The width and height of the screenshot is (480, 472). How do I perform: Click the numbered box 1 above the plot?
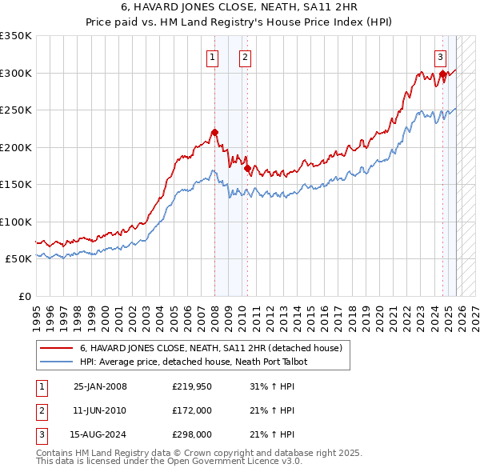tap(213, 57)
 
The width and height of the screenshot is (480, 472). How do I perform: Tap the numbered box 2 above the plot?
tap(244, 57)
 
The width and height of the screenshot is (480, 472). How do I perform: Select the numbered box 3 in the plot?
tap(441, 57)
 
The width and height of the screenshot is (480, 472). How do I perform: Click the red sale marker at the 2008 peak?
tap(214, 133)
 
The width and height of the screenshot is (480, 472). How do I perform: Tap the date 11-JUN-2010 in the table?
tap(100, 410)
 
